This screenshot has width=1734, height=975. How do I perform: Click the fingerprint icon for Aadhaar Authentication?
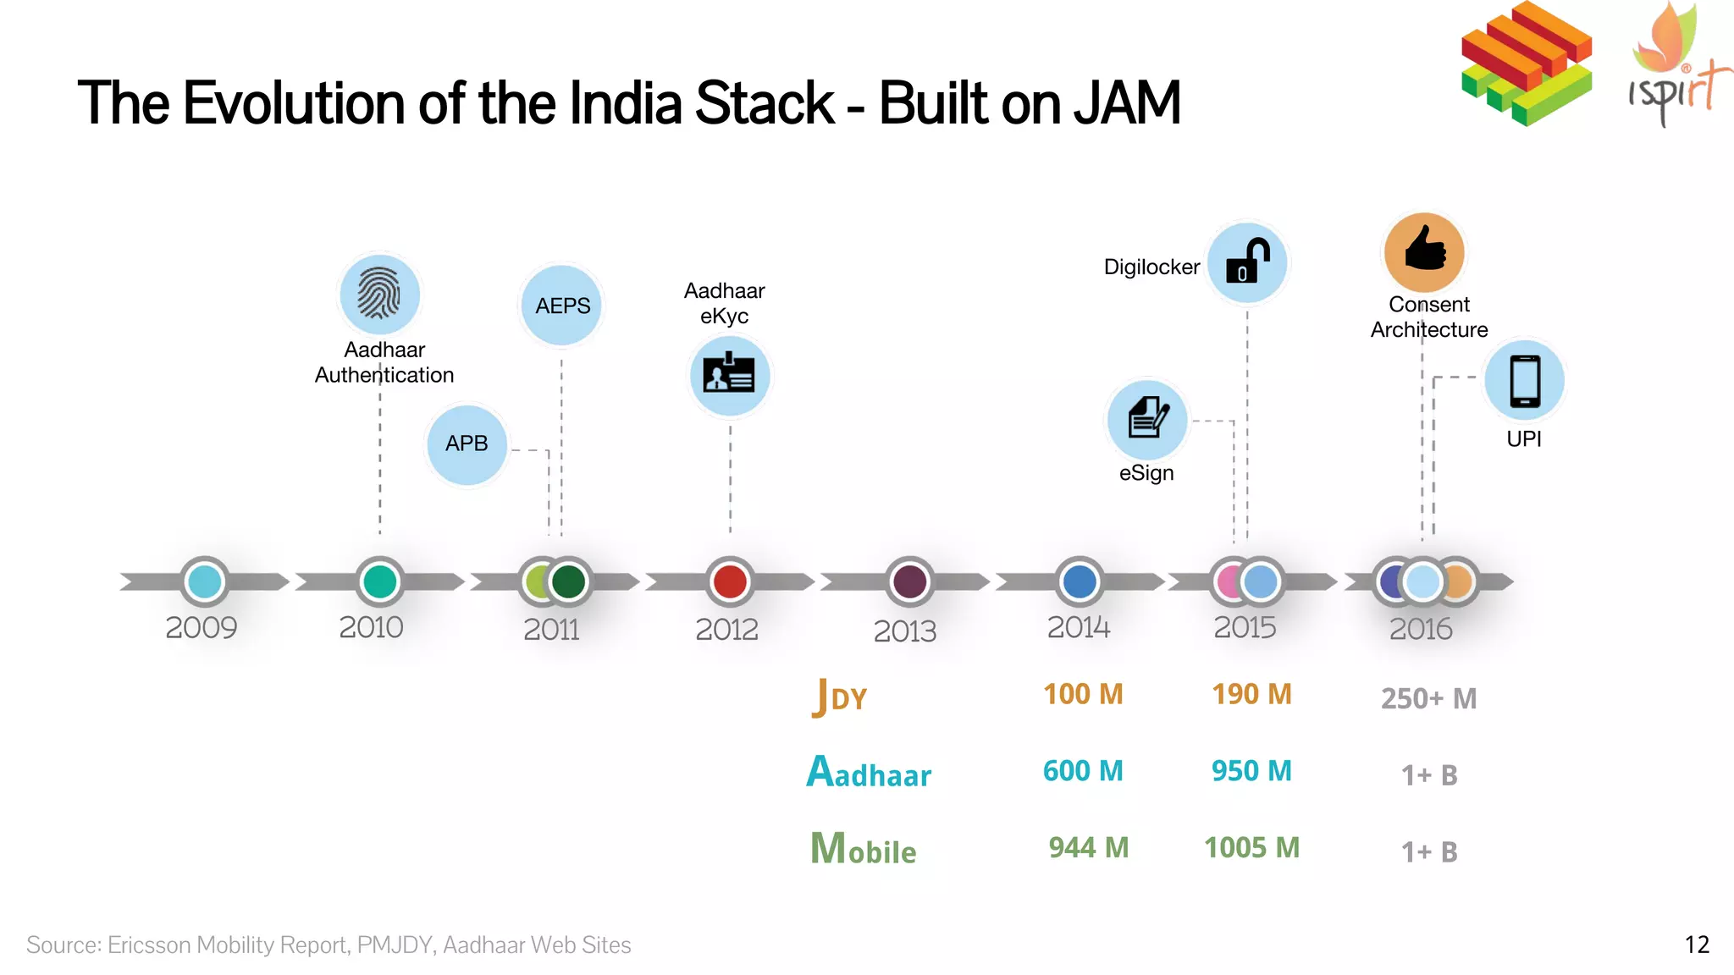[378, 294]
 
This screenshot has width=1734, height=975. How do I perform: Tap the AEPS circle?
[562, 306]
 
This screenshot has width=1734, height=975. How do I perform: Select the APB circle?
[467, 443]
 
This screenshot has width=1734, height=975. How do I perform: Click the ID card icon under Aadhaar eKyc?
[729, 375]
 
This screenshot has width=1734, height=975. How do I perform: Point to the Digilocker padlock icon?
[1247, 263]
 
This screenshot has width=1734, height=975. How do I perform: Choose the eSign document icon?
[1147, 418]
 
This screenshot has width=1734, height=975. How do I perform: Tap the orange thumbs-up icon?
[1424, 251]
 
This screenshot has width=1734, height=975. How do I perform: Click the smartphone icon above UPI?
[1524, 381]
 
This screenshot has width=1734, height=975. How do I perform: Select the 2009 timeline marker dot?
[205, 581]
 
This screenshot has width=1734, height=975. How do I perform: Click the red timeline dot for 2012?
[730, 581]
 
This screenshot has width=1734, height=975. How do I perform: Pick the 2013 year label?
[904, 631]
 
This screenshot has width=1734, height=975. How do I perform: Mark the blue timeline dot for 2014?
[1080, 581]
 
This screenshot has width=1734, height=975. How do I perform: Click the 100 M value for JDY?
[1083, 694]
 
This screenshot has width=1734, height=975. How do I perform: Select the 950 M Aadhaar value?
[1251, 771]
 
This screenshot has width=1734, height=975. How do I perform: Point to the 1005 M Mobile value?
[1251, 847]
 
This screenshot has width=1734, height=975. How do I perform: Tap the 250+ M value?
[1428, 699]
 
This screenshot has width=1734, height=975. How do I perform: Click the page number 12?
[1697, 945]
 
